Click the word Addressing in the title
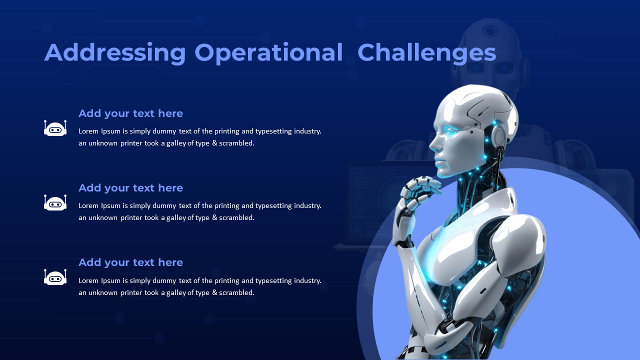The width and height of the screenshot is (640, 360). pos(115,53)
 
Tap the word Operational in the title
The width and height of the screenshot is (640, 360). pos(268,53)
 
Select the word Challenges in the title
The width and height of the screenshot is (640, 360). pos(427,53)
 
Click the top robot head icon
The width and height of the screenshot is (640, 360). pos(55,128)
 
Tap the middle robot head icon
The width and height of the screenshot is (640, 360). pos(55,202)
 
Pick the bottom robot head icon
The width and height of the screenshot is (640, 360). pos(55,277)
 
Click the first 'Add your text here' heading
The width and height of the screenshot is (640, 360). pos(130,113)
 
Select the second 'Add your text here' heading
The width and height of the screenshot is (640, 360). pos(130,188)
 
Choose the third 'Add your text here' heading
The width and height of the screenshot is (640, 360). pos(130,263)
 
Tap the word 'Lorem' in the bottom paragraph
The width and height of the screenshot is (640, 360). pos(88,280)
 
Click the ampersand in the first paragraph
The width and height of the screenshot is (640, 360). pos(214,143)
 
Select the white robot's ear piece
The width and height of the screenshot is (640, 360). pos(498,135)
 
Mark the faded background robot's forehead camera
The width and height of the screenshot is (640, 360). pos(490,30)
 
